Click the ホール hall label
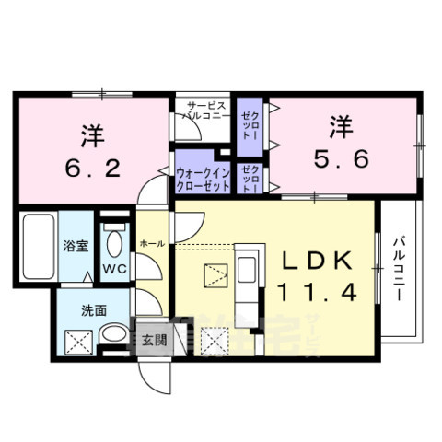pos(152,242)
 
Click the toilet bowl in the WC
pos(113,244)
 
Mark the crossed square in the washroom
pos(76,340)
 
